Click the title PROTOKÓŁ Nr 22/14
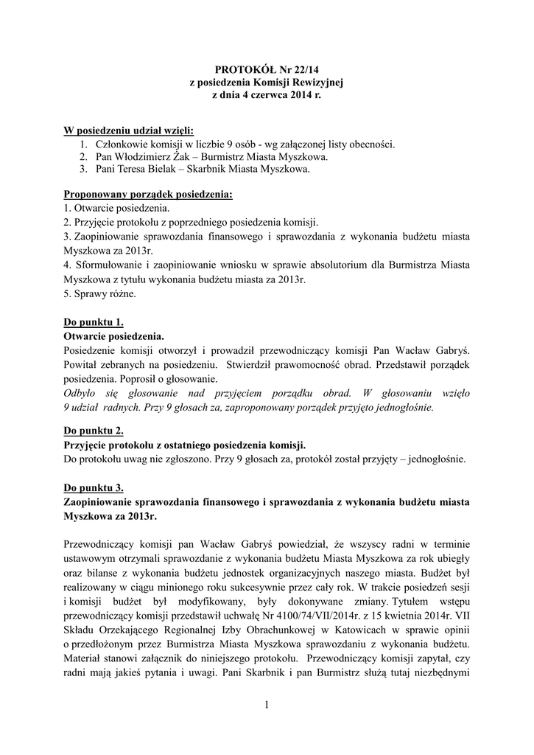point(267,69)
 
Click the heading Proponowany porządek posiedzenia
point(148,195)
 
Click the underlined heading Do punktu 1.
point(94,322)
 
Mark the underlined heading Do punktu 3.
point(94,487)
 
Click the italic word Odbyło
point(82,392)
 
